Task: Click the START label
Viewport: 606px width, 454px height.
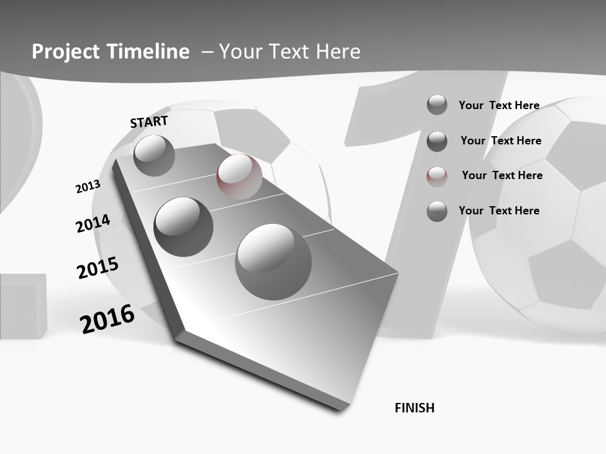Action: (x=149, y=122)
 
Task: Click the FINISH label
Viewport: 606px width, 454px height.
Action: (x=414, y=408)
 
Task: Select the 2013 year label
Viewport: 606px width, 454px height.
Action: (x=88, y=187)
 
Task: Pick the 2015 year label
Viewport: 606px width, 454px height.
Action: (x=98, y=267)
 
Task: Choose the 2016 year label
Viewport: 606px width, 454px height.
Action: (x=107, y=318)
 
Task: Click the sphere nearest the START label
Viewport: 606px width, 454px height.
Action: (x=154, y=155)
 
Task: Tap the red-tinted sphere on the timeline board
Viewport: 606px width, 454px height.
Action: (x=239, y=177)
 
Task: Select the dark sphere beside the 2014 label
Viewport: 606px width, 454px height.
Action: (x=184, y=226)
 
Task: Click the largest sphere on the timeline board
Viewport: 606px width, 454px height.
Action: (x=273, y=262)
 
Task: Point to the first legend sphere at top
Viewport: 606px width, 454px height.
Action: (x=437, y=105)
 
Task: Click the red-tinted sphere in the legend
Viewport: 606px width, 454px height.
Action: (x=437, y=177)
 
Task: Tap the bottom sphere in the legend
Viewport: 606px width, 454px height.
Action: (x=437, y=211)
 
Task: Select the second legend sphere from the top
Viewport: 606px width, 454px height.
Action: (x=437, y=141)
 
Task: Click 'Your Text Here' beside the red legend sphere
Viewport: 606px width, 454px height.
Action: (x=502, y=175)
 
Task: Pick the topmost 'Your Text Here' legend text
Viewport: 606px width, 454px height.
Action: (x=499, y=105)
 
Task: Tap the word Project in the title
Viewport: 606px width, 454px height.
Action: (x=65, y=52)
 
